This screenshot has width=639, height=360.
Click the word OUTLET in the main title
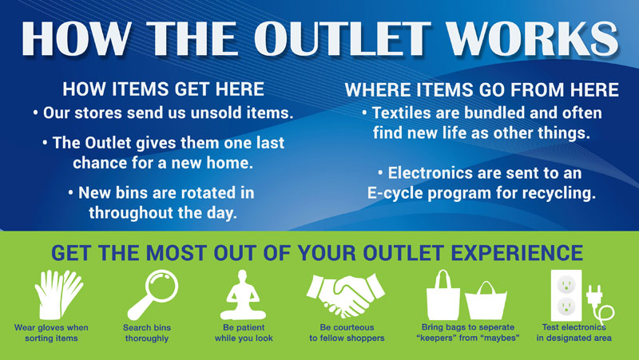click(343, 38)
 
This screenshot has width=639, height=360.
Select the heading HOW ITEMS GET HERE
click(164, 89)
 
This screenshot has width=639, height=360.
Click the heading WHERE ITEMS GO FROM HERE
click(482, 89)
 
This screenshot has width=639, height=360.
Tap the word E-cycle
click(395, 193)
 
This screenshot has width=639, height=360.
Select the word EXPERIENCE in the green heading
click(517, 253)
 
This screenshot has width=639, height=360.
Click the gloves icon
click(58, 295)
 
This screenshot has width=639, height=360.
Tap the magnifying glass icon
click(153, 295)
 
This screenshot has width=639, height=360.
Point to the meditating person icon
click(244, 295)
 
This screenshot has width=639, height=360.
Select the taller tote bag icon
click(443, 295)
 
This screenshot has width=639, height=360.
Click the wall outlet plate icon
click(566, 295)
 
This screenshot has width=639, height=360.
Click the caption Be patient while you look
click(244, 333)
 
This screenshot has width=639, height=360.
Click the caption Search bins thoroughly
click(147, 333)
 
